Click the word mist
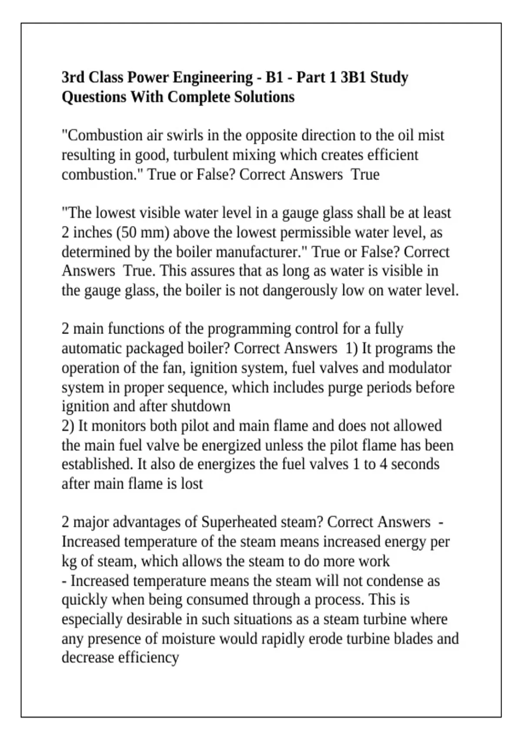(431, 135)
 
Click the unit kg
(69, 561)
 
